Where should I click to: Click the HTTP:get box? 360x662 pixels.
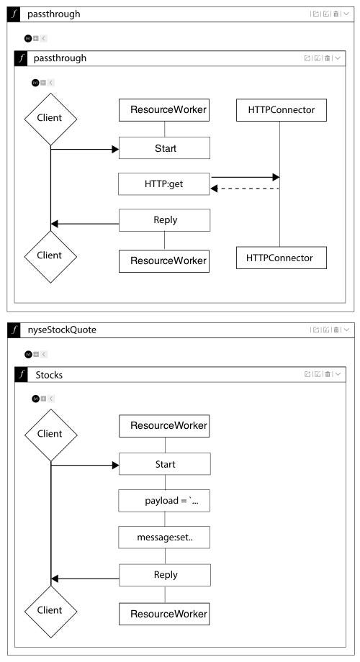[x=164, y=184]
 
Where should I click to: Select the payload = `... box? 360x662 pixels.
[x=164, y=501]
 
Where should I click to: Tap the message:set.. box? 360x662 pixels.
[x=164, y=538]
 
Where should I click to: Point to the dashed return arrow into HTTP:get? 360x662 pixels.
[x=245, y=189]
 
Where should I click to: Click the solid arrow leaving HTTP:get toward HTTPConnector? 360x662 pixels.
[x=245, y=177]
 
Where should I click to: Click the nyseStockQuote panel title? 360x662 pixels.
[x=65, y=330]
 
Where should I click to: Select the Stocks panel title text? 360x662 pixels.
[x=49, y=375]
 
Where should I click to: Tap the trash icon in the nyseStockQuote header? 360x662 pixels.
[x=336, y=330]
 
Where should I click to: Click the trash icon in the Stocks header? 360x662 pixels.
[x=328, y=374]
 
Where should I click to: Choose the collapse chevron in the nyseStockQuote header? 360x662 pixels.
[x=346, y=330]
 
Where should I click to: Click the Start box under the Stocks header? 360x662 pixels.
[x=165, y=464]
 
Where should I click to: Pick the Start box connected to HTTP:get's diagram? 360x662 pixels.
[x=164, y=148]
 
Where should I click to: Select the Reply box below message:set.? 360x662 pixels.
[x=165, y=575]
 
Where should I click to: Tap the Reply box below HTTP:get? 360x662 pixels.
[x=164, y=220]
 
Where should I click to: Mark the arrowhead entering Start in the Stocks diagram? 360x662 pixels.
[x=115, y=466]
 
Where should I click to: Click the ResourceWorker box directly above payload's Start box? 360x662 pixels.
[x=164, y=426]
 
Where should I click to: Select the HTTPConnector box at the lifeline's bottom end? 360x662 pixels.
[x=282, y=258]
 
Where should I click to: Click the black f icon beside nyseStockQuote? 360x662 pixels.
[x=15, y=330]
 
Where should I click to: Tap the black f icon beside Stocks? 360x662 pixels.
[x=21, y=374]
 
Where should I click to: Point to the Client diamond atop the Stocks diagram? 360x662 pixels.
[x=50, y=435]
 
